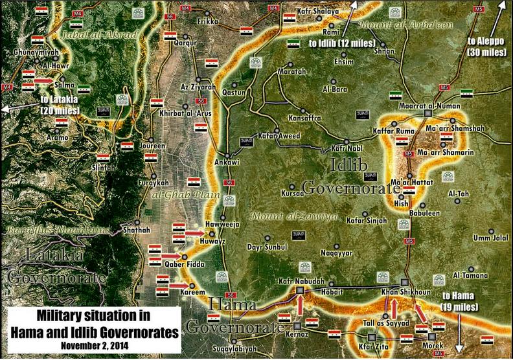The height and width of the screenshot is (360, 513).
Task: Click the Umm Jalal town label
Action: (490, 238)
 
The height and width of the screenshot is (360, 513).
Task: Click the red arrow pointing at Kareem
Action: (181, 285)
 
